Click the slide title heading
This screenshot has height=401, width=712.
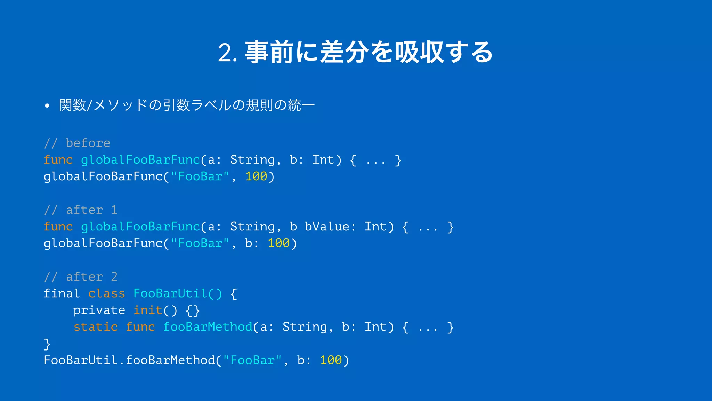point(355,52)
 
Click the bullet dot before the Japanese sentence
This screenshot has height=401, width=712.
point(47,105)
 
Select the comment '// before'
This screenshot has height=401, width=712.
point(77,143)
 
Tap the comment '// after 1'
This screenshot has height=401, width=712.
point(81,210)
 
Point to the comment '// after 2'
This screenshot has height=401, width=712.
point(81,277)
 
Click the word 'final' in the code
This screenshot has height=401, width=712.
point(62,293)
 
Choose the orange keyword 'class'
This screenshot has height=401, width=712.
point(106,293)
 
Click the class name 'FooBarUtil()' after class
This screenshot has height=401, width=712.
point(178,293)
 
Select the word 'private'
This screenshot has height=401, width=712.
point(99,310)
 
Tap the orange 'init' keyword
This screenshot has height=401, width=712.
point(148,310)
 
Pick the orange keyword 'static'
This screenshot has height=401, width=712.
point(95,327)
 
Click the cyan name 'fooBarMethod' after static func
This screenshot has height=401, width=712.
point(208,327)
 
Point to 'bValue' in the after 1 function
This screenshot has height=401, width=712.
point(327,227)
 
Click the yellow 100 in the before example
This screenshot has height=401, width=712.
point(256,176)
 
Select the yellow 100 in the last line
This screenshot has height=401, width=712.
point(331,360)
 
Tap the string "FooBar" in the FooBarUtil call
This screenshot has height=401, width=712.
point(252,360)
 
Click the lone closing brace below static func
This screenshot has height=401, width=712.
point(47,344)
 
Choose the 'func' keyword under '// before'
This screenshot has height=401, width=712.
point(58,160)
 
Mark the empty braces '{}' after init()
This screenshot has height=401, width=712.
point(193,310)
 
